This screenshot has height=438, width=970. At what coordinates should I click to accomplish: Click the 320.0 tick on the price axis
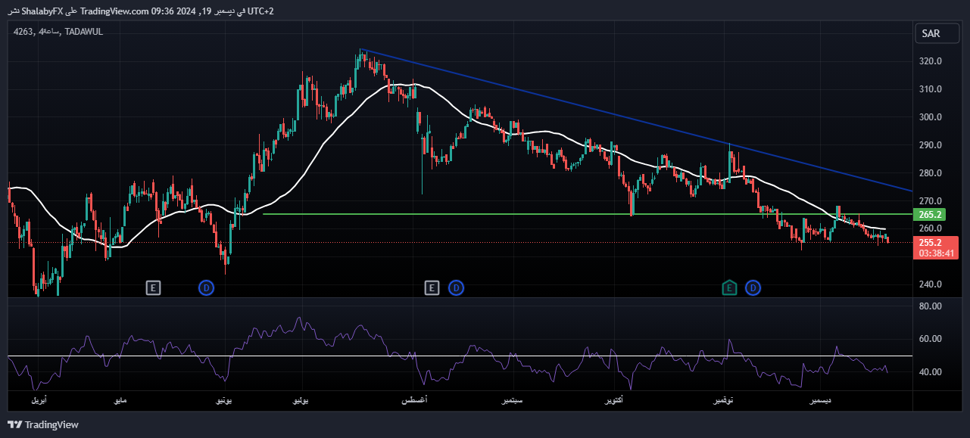coord(931,61)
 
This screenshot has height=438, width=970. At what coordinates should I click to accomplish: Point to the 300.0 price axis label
coord(931,117)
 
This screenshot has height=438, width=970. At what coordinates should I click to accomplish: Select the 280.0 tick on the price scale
coord(931,173)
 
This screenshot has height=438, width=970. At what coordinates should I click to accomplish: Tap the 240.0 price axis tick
coord(931,284)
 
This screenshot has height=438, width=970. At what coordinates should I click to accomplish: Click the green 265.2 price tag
coord(929,215)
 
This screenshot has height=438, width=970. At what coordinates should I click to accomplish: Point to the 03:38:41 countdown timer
coord(936,254)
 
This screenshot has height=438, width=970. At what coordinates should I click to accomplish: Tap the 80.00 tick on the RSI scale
coord(931,306)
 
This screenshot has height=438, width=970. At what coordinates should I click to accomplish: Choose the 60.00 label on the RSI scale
coord(931,339)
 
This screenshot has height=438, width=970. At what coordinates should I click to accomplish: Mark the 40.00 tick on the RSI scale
coord(931,372)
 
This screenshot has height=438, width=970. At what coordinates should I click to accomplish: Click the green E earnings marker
coord(729,287)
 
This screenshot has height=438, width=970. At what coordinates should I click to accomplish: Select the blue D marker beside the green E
coord(753,287)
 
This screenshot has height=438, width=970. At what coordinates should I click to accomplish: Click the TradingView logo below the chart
coord(43,425)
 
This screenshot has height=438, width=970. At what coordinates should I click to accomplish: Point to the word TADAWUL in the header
coord(83,32)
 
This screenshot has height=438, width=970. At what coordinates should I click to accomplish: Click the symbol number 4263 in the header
coord(23,32)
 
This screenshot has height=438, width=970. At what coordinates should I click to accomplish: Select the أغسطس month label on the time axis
coord(414,400)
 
